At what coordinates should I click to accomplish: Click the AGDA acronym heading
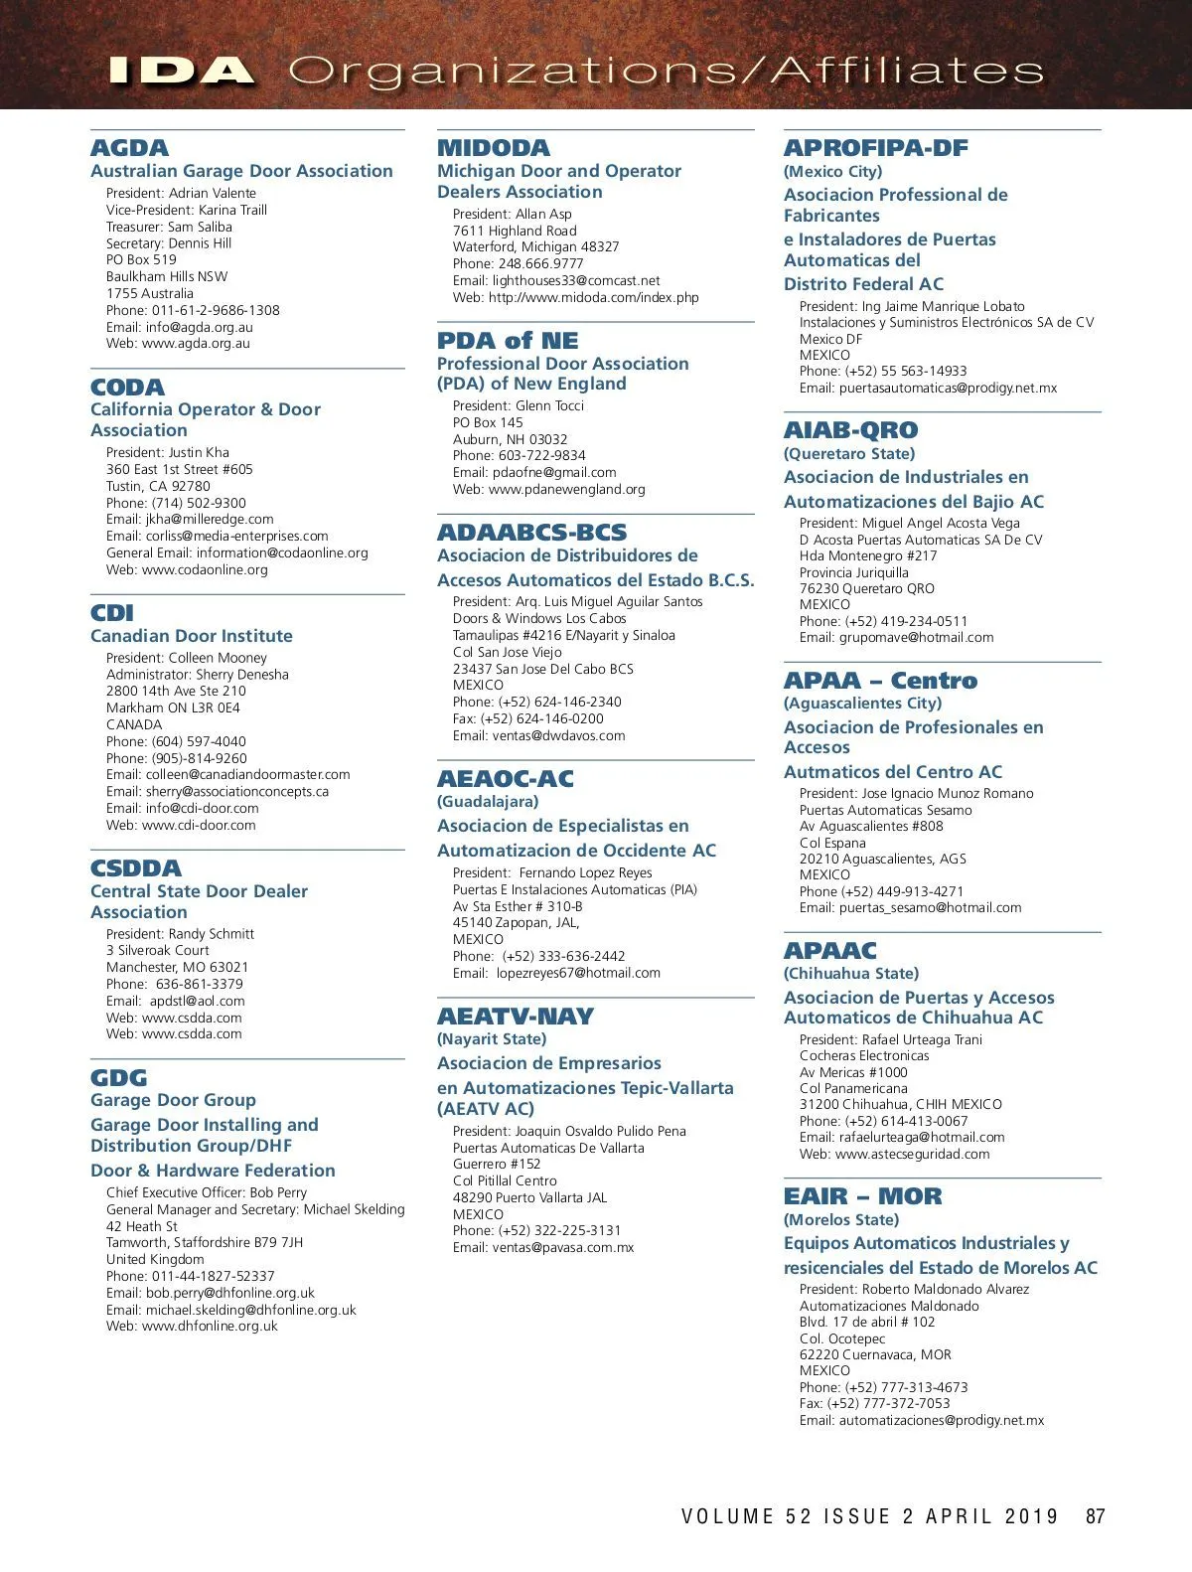[129, 148]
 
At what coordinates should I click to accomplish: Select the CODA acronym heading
[127, 388]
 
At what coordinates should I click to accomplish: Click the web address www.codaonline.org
[205, 569]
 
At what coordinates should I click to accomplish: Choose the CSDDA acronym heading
[136, 868]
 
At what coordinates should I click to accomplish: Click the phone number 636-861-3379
[199, 984]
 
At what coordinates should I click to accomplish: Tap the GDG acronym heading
[118, 1078]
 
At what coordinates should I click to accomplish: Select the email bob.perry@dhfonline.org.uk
[230, 1293]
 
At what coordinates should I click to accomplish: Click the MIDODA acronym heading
[493, 148]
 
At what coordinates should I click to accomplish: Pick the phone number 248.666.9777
[540, 263]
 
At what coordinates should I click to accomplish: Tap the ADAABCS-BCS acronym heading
[531, 533]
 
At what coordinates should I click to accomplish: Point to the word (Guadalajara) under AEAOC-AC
[488, 801]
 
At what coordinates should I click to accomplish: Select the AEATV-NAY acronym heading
[515, 1017]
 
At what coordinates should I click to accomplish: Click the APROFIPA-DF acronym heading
[875, 148]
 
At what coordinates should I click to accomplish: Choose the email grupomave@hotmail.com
[916, 637]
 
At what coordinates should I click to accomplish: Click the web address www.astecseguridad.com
[912, 1154]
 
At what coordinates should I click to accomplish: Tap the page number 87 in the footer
[1095, 1516]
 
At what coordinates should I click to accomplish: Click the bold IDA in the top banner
[180, 71]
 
